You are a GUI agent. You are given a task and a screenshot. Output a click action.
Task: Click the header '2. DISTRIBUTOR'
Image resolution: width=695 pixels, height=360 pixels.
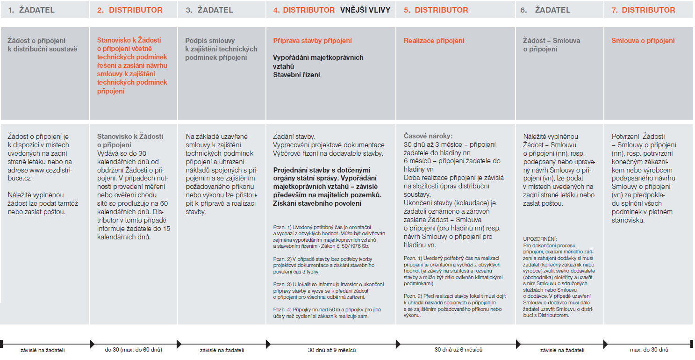point(130,10)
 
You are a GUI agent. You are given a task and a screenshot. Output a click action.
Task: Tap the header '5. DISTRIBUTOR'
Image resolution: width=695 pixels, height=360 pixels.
point(436,10)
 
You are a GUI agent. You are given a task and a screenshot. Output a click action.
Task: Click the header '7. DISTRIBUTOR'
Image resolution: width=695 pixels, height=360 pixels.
point(643,10)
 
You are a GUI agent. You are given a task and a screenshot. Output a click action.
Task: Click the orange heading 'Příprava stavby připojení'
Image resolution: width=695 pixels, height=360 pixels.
point(312,41)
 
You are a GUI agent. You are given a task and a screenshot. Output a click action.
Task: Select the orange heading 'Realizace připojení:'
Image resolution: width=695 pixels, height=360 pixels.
point(434,41)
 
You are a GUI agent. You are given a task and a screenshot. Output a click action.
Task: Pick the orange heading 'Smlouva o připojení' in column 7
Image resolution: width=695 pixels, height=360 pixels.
point(643,41)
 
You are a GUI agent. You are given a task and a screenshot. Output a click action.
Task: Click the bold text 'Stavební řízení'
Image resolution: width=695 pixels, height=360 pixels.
point(296,74)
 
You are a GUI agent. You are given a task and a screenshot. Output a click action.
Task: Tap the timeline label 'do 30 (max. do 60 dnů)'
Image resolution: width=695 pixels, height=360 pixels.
point(134,350)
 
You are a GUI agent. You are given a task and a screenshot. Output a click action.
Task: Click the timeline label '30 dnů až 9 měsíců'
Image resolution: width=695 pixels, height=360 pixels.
point(332,350)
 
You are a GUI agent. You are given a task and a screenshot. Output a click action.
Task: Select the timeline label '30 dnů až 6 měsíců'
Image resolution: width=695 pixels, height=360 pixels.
point(458,350)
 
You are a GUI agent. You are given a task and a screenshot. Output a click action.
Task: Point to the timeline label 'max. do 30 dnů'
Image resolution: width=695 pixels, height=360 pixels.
point(649,350)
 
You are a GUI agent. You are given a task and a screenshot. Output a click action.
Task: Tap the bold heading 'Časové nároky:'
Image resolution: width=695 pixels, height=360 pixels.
point(428,137)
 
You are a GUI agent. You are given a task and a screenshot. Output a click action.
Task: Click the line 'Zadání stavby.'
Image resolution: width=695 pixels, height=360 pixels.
point(294,137)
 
